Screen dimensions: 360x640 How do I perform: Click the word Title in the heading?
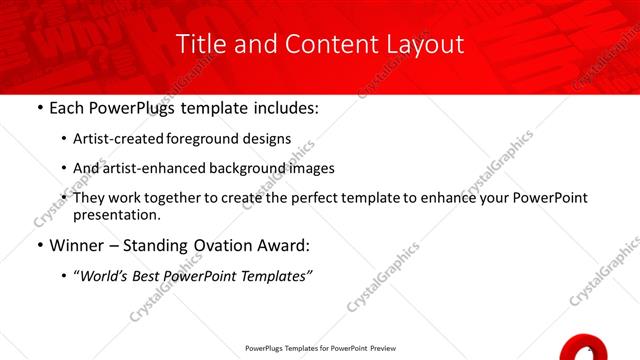coord(198,44)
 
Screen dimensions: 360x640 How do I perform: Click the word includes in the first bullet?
coord(282,107)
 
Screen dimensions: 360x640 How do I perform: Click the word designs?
coord(269,139)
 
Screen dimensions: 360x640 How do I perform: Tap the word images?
coord(311,169)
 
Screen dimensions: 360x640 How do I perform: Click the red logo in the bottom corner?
coord(582,347)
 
